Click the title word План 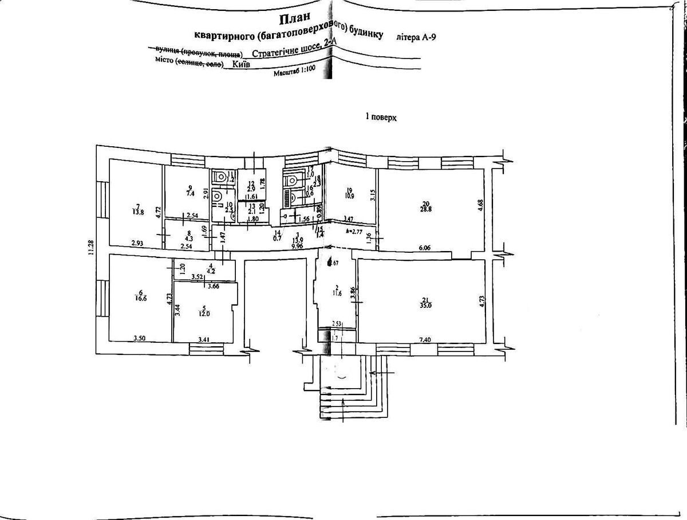tap(294, 21)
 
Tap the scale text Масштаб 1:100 tap(294, 73)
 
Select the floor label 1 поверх tap(381, 117)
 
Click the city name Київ tap(244, 64)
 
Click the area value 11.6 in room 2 tap(337, 294)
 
